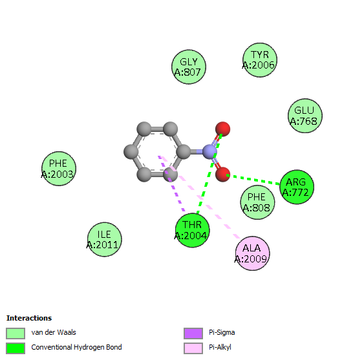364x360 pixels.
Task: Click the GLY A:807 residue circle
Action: coord(189,67)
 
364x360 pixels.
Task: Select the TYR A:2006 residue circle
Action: coord(260,60)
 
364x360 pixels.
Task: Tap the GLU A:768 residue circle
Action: coord(305,116)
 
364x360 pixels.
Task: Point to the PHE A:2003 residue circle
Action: coord(59,169)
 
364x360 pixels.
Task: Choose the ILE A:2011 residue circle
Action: coord(105,239)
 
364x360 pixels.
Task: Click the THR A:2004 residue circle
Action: coord(193,230)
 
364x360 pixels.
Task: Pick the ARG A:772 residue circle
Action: coord(297,187)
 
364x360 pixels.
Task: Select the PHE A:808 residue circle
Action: coord(257,202)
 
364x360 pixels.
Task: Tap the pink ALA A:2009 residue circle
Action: coord(252,253)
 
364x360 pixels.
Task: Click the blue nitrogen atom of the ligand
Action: coord(209,152)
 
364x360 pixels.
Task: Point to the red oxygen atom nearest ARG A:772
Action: coord(222,175)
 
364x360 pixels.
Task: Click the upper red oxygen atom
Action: coord(222,129)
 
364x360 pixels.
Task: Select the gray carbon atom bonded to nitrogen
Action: coord(184,152)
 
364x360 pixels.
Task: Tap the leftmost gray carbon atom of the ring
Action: coord(131,152)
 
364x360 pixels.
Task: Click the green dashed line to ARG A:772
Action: coord(253,180)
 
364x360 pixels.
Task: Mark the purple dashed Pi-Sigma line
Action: coord(171,184)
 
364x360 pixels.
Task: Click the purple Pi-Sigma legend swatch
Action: coord(193,334)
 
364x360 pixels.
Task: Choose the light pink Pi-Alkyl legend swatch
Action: coord(193,348)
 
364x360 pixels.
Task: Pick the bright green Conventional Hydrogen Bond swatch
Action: coord(16,348)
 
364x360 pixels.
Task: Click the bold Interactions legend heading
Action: coord(29,318)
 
